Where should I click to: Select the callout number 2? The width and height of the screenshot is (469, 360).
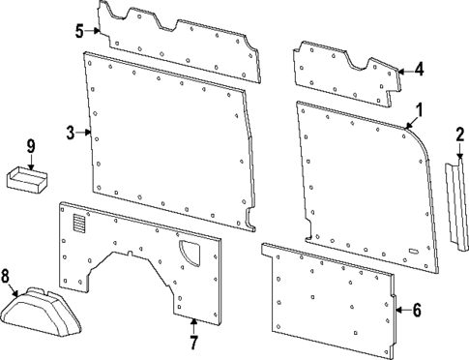coord(460,134)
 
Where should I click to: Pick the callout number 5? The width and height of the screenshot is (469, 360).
coord(78,31)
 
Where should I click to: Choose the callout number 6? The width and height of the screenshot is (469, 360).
coord(417,310)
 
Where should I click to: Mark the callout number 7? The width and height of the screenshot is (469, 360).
coord(193,342)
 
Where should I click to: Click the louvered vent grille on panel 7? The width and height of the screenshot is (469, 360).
coord(78,224)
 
